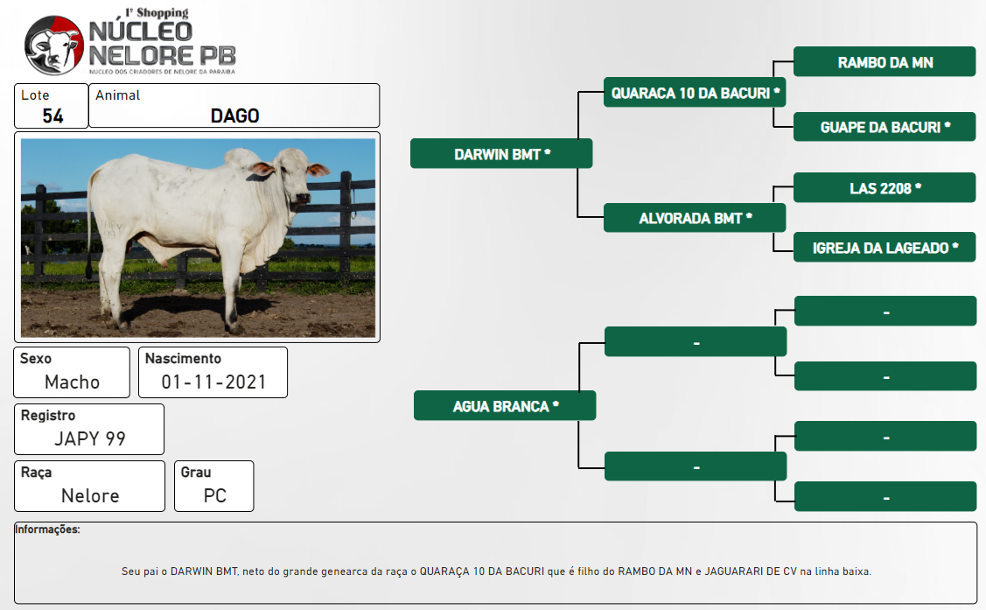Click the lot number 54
pyautogui.click(x=52, y=116)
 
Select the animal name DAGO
pyautogui.click(x=234, y=116)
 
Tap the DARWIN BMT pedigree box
pyautogui.click(x=501, y=153)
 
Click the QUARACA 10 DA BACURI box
pyautogui.click(x=695, y=93)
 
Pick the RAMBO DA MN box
pyautogui.click(x=885, y=61)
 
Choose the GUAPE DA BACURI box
pyautogui.click(x=885, y=126)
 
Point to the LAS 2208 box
pyautogui.click(x=885, y=187)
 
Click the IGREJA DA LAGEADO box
pyautogui.click(x=885, y=247)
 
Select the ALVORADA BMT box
pyautogui.click(x=695, y=218)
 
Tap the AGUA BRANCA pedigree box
pyautogui.click(x=505, y=405)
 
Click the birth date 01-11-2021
pyautogui.click(x=213, y=382)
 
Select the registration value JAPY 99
pyautogui.click(x=90, y=438)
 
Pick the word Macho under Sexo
pyautogui.click(x=73, y=382)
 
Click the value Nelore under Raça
pyautogui.click(x=90, y=495)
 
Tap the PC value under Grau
pyautogui.click(x=214, y=495)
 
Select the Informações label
pyautogui.click(x=48, y=529)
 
